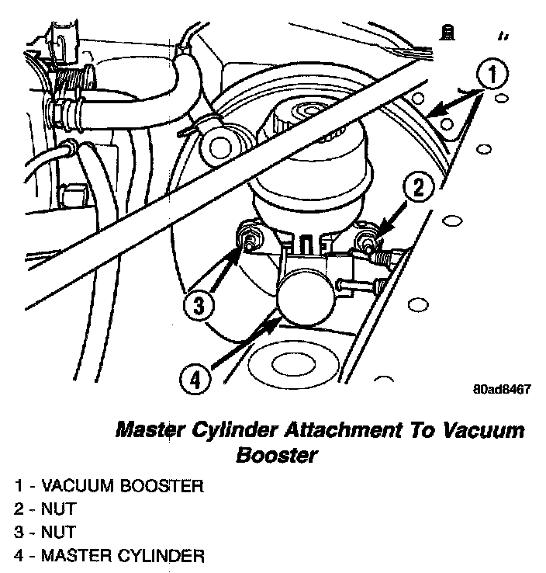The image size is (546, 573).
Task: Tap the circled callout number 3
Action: pyautogui.click(x=198, y=304)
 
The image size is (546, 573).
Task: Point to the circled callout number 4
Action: pyautogui.click(x=194, y=380)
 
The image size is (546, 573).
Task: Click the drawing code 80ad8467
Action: pyautogui.click(x=502, y=389)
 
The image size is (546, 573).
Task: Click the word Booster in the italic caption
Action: pyautogui.click(x=277, y=455)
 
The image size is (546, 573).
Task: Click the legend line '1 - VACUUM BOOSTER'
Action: pyautogui.click(x=109, y=487)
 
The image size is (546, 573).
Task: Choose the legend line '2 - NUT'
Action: pyautogui.click(x=46, y=510)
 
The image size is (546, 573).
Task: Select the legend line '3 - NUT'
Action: pyautogui.click(x=46, y=533)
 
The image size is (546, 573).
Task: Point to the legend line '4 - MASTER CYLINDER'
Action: pyautogui.click(x=109, y=555)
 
